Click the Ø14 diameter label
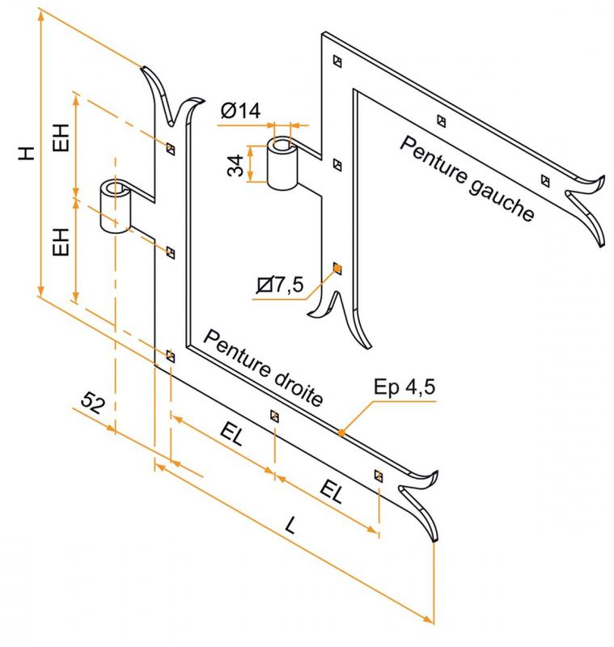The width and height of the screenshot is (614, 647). pyautogui.click(x=240, y=110)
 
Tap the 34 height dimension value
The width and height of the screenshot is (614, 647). pyautogui.click(x=235, y=166)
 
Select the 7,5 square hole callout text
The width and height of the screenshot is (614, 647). pyautogui.click(x=280, y=285)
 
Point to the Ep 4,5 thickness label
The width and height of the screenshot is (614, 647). pyautogui.click(x=404, y=387)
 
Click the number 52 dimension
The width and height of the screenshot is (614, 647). pyautogui.click(x=92, y=403)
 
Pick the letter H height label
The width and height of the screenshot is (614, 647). pyautogui.click(x=27, y=153)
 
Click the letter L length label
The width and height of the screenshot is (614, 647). pyautogui.click(x=291, y=525)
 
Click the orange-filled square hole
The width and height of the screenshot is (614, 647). pyautogui.click(x=337, y=269)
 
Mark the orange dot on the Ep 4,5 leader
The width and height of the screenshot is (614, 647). pyautogui.click(x=341, y=433)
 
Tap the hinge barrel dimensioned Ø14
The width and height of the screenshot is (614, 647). pyautogui.click(x=282, y=163)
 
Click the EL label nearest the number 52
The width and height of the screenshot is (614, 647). pyautogui.click(x=231, y=434)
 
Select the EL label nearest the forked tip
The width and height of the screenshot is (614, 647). pyautogui.click(x=332, y=492)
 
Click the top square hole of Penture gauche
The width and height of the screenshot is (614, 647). pyautogui.click(x=337, y=61)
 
